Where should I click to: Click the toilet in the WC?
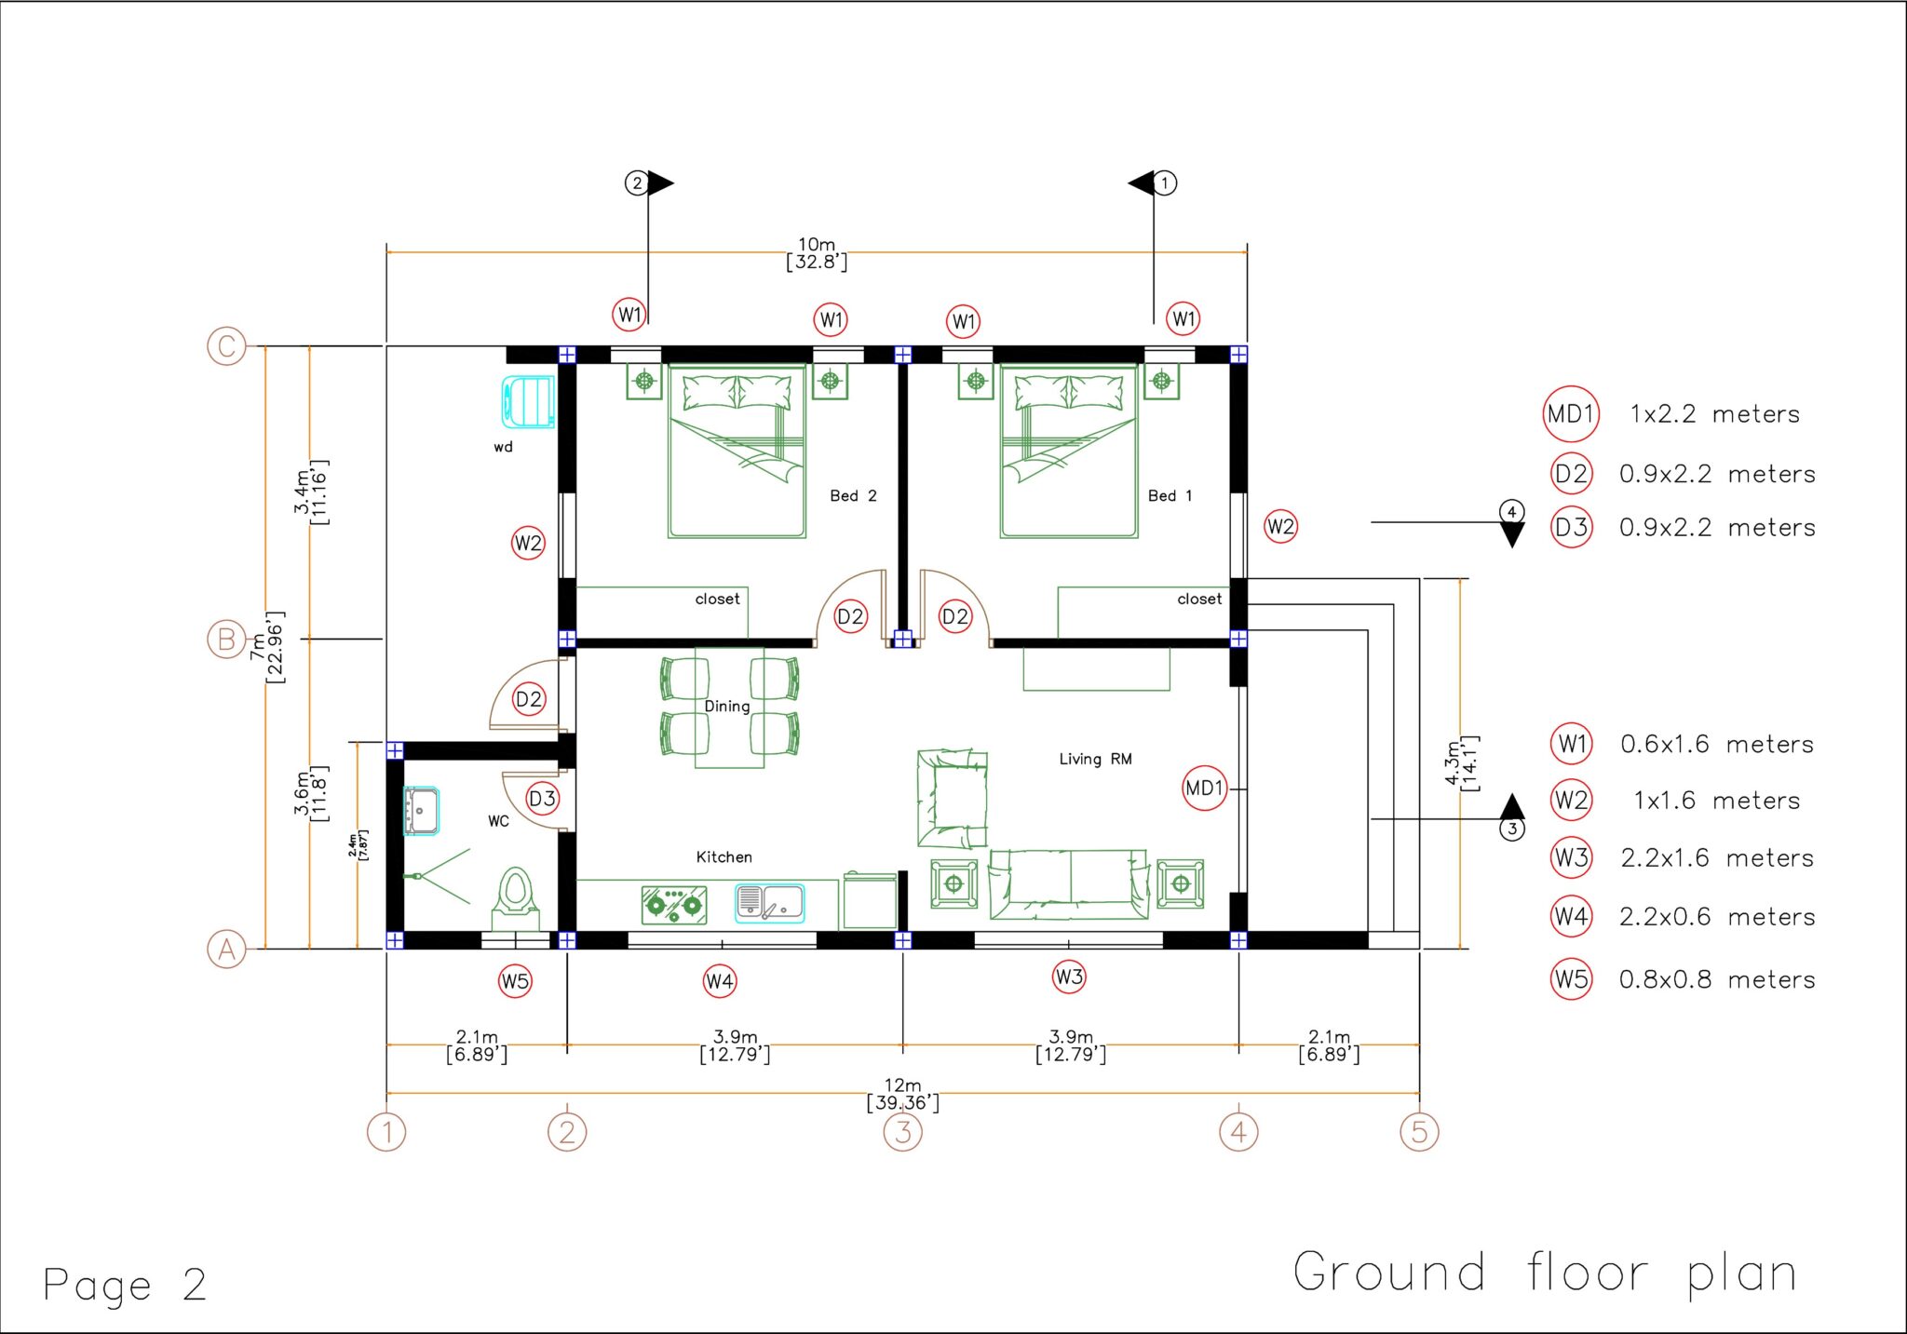(x=515, y=896)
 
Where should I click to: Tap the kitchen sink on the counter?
(x=769, y=903)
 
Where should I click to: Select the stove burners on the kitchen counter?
(x=673, y=904)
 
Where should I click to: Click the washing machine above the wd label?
(x=529, y=401)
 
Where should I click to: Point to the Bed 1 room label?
(x=1170, y=496)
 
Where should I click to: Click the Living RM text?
(x=1095, y=760)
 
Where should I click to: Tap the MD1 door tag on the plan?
(x=1204, y=788)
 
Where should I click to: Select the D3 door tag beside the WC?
(x=542, y=798)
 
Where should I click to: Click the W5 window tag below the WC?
(x=515, y=980)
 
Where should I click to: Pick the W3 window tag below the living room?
(x=1069, y=977)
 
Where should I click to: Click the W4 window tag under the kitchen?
(x=720, y=980)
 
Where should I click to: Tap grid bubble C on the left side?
(x=226, y=346)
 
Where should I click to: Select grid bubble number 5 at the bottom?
(x=1419, y=1132)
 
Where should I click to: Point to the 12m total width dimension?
(x=902, y=1094)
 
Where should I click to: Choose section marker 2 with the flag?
(x=637, y=182)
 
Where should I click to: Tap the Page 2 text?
(x=125, y=1286)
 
